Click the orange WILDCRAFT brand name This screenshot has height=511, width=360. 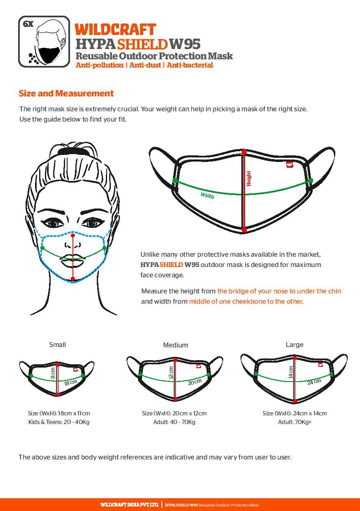click(x=115, y=30)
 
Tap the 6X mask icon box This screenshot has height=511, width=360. click(x=44, y=42)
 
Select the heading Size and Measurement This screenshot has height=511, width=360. click(x=66, y=94)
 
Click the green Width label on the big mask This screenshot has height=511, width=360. click(x=207, y=195)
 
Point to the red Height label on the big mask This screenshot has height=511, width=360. click(x=248, y=178)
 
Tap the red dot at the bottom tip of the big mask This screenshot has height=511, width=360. click(x=244, y=230)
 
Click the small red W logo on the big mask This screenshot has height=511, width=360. click(x=290, y=164)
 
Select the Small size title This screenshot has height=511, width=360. click(x=57, y=345)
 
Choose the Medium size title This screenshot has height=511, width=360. click(x=175, y=345)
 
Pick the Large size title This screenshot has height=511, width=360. click(x=295, y=345)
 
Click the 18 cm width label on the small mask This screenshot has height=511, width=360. click(x=71, y=382)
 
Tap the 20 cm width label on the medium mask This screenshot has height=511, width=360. click(x=195, y=382)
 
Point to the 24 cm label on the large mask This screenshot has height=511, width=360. click(x=314, y=382)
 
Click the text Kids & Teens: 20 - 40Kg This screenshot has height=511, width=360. click(x=59, y=422)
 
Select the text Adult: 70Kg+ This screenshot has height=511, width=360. click(x=295, y=422)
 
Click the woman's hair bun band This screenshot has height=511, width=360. click(x=72, y=150)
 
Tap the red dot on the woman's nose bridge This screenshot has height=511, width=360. click(x=73, y=235)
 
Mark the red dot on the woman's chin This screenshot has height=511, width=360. click(x=73, y=279)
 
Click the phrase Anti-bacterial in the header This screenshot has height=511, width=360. click(x=190, y=65)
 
